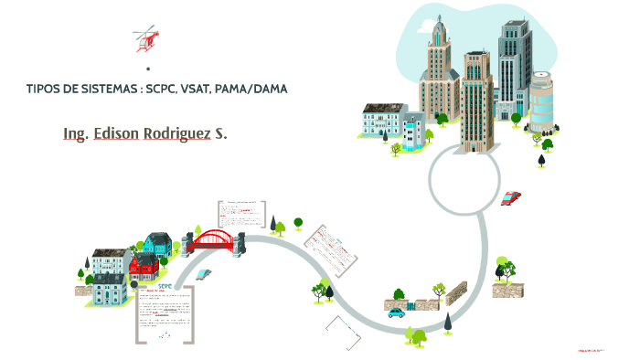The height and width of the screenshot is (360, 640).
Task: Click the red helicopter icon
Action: [146, 38]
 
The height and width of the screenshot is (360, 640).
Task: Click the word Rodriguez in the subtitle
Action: [187, 133]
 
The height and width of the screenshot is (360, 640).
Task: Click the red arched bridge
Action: [214, 239]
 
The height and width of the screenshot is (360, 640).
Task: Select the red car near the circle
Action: [511, 197]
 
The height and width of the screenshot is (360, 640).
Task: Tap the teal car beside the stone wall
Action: [396, 312]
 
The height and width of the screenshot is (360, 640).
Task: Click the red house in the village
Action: [144, 266]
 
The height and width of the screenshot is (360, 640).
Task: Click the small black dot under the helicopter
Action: [147, 69]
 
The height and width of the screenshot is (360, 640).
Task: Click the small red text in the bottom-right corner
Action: [594, 348]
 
